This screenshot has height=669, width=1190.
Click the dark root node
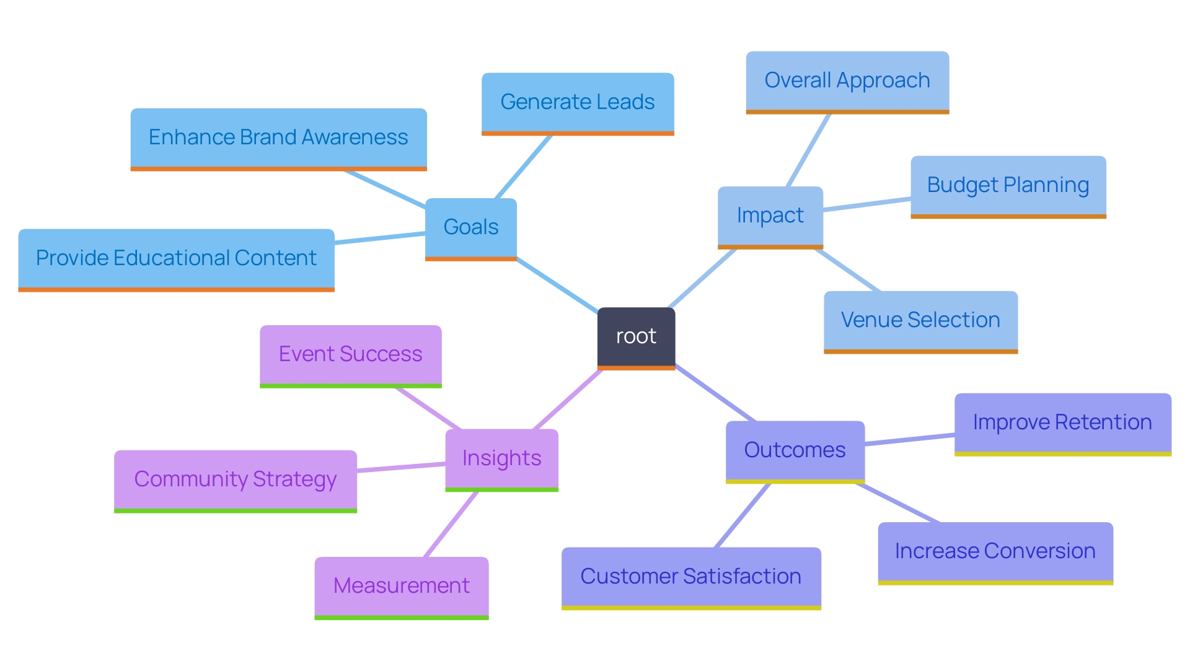[636, 337]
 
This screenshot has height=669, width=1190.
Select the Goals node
[471, 227]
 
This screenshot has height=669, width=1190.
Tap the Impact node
[770, 216]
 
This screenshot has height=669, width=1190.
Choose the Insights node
[501, 458]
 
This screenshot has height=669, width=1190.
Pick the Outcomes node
[795, 450]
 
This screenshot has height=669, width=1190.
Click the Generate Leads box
[578, 102]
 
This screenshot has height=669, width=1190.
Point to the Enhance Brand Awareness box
[278, 138]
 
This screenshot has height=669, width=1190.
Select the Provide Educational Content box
[176, 258]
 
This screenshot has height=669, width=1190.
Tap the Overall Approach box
[847, 81]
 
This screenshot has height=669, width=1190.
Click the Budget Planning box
[1008, 185]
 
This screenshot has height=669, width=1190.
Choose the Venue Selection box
[920, 320]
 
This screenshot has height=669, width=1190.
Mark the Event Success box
[350, 354]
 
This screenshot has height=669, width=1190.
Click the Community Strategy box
[235, 479]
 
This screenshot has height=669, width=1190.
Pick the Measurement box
[401, 586]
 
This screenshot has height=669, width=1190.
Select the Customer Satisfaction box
[690, 577]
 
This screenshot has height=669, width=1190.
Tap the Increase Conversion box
[995, 551]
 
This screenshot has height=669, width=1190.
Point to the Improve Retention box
[1062, 422]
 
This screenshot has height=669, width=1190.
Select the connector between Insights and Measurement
[451, 525]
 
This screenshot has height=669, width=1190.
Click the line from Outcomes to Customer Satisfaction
[743, 515]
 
